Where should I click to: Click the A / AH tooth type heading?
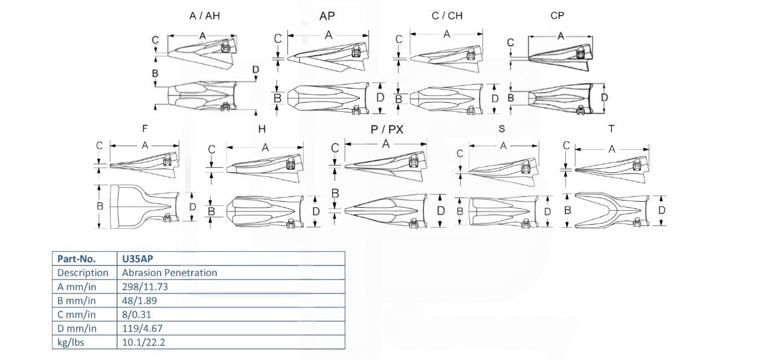tap(205, 16)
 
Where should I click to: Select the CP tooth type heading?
tap(557, 16)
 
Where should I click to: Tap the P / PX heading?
tap(387, 129)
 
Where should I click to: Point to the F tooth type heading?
tap(145, 129)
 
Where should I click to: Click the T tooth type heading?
tap(611, 129)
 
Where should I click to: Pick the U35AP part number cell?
tap(137, 259)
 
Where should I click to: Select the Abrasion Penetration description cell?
tap(170, 272)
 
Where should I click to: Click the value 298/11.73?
tap(145, 286)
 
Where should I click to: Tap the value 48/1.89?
tap(140, 300)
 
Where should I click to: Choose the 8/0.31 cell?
tap(136, 315)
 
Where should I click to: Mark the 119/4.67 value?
tap(142, 328)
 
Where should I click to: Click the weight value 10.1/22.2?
tap(144, 342)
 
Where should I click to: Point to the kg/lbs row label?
tap(71, 342)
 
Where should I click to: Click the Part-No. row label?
tap(76, 259)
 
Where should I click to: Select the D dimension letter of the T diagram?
tap(661, 210)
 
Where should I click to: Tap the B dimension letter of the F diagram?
tap(100, 206)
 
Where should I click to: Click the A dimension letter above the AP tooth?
tap(329, 35)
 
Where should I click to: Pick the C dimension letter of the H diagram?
tap(211, 149)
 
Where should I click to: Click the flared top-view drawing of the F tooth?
tap(144, 207)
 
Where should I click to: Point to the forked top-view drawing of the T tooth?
tap(612, 210)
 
